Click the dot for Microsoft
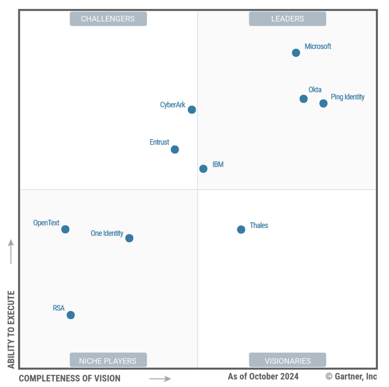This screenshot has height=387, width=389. click(x=296, y=53)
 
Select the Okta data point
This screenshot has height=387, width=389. click(x=303, y=99)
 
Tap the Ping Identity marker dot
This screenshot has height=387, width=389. click(x=323, y=103)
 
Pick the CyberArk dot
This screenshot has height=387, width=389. click(x=192, y=110)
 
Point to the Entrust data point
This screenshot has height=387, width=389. click(x=175, y=149)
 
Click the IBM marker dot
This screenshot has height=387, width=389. click(x=203, y=169)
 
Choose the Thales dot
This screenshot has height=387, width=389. click(x=241, y=229)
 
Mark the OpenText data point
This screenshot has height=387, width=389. click(x=65, y=229)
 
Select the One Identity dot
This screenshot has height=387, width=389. click(x=129, y=238)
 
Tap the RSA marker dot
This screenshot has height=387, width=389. click(x=71, y=315)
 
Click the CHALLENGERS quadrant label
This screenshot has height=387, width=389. click(x=108, y=19)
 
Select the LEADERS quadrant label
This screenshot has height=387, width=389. click(x=287, y=19)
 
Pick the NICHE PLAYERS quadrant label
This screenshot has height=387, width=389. click(x=108, y=360)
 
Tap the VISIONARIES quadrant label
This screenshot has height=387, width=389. click(x=287, y=360)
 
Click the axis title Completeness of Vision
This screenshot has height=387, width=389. click(x=69, y=378)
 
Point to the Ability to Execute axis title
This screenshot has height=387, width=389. click(x=11, y=329)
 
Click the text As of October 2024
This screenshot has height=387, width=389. click(x=263, y=376)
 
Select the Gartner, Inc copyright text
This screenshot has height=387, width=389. click(x=351, y=376)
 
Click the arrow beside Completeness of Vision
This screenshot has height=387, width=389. click(x=160, y=378)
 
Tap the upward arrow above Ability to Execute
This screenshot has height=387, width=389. click(x=11, y=252)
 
